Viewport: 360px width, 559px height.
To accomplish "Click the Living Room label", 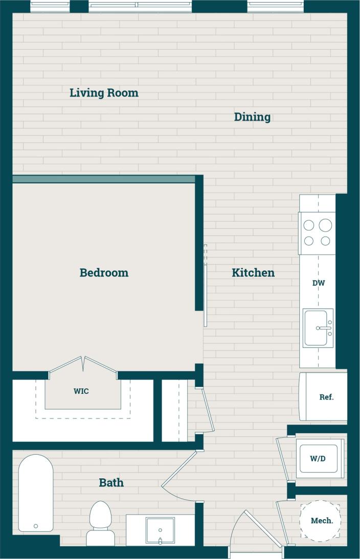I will [104, 93].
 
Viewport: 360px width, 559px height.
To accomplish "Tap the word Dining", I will [252, 117].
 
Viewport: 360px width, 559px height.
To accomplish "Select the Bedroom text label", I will [104, 273].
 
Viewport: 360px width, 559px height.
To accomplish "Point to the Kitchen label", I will [253, 273].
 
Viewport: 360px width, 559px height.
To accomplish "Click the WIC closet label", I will [81, 391].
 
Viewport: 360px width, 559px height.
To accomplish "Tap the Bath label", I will [111, 482].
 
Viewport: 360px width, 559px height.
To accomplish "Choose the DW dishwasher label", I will [319, 283].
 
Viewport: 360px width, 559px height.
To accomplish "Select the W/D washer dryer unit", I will [318, 458].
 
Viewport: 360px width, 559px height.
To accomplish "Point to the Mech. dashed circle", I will [320, 521].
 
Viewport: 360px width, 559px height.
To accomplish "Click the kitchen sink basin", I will [317, 328].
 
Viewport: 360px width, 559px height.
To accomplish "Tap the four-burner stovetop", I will [318, 233].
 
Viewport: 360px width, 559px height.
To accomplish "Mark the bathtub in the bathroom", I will [36, 493].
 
